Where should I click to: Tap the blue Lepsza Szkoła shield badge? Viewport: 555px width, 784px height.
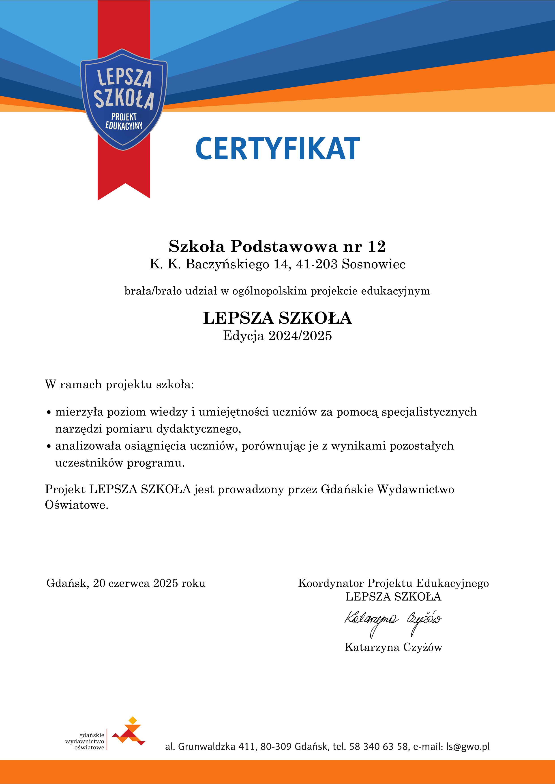coord(124,99)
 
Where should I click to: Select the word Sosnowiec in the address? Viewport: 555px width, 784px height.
coord(373,264)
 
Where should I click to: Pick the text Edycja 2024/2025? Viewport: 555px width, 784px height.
coord(277,336)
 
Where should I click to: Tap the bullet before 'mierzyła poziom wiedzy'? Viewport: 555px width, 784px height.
coord(49,413)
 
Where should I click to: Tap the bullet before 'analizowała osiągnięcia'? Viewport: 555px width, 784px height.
coord(49,446)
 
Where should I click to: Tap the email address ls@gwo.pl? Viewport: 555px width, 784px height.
coord(468,746)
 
